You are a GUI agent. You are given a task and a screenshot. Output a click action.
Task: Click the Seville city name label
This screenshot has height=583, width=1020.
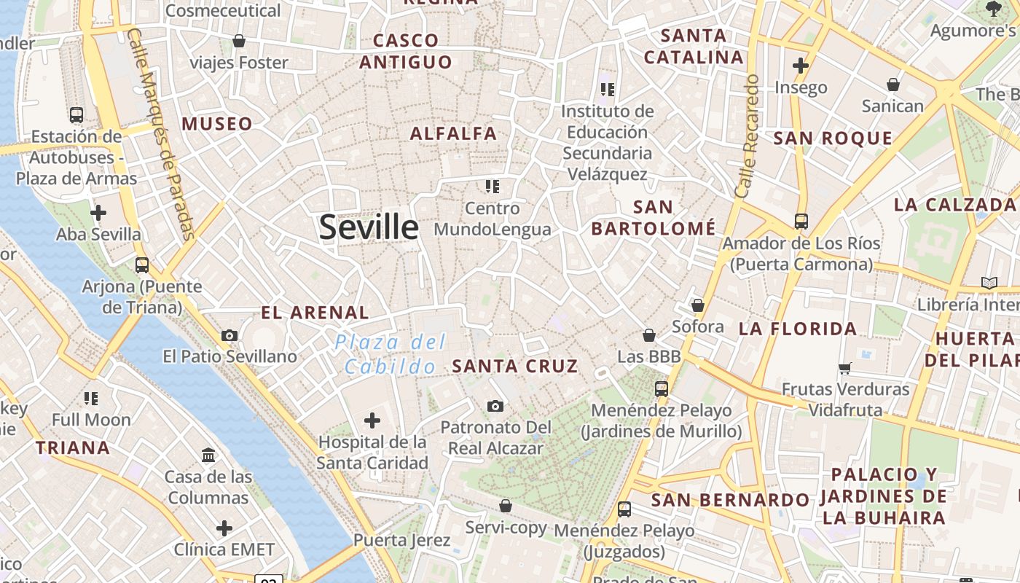tap(369, 227)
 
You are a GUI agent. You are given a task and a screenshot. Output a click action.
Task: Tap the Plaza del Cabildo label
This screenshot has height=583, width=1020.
tap(391, 353)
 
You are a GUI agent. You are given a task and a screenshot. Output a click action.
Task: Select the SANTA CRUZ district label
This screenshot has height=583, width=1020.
tap(515, 366)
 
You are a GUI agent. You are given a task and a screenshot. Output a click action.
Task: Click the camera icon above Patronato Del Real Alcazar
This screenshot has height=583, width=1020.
tap(495, 406)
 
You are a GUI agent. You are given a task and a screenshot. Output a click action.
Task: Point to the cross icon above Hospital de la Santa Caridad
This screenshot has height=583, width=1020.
tap(372, 420)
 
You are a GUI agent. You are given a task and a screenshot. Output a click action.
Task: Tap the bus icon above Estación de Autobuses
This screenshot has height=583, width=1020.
tap(76, 115)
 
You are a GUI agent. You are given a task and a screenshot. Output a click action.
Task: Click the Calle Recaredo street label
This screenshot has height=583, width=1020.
tap(748, 136)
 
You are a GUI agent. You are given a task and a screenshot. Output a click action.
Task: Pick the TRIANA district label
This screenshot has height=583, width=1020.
tap(73, 447)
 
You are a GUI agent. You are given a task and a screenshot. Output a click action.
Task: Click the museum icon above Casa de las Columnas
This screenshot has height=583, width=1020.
tap(208, 455)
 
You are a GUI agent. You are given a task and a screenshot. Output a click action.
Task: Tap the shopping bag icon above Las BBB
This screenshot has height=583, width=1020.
tap(648, 335)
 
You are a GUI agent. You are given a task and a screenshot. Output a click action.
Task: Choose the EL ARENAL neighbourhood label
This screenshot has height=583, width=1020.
tap(315, 313)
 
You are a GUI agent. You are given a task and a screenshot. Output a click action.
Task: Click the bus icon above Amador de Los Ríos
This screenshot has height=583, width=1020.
tap(801, 222)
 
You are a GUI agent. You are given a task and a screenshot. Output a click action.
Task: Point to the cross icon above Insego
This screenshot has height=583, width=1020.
tap(801, 66)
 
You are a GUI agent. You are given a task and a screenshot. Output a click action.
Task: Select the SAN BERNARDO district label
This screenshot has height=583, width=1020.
tap(730, 500)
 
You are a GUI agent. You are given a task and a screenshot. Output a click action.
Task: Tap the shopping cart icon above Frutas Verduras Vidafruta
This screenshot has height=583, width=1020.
tap(845, 369)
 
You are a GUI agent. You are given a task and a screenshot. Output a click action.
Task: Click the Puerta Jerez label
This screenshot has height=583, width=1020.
tap(402, 540)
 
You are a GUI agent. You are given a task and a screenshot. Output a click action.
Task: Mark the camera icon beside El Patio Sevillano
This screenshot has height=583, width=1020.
tap(229, 335)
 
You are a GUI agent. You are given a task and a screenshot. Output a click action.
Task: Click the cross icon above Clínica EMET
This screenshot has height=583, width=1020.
tap(224, 528)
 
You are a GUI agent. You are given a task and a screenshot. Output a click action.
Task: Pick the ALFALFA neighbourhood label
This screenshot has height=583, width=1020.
tap(453, 133)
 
